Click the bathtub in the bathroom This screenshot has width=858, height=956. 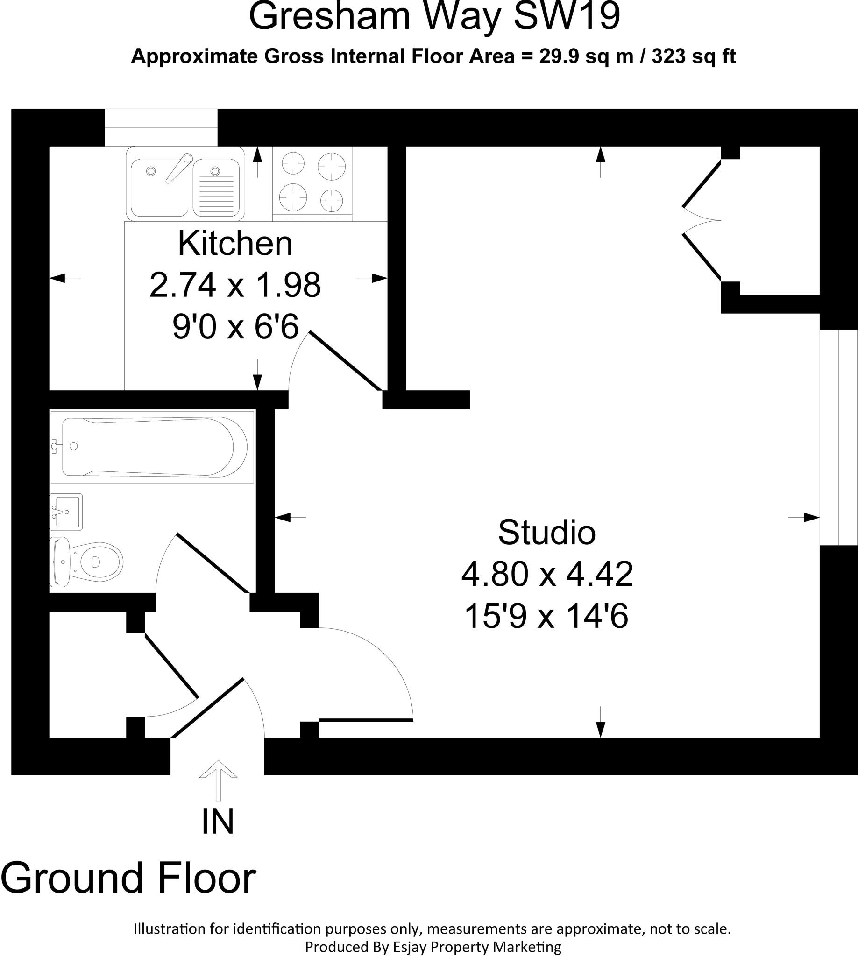(x=152, y=447)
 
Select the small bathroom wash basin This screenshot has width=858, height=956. (x=66, y=512)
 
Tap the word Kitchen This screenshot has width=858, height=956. (x=235, y=244)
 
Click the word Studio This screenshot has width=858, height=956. (x=547, y=533)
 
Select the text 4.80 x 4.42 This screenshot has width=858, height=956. (x=547, y=574)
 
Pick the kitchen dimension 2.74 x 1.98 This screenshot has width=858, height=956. (x=235, y=285)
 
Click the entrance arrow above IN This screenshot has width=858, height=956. (x=218, y=780)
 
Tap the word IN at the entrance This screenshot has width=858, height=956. (x=218, y=822)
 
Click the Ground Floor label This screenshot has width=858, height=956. (x=128, y=878)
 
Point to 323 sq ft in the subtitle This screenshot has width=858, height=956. (x=694, y=56)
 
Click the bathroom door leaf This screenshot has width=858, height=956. (x=213, y=563)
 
